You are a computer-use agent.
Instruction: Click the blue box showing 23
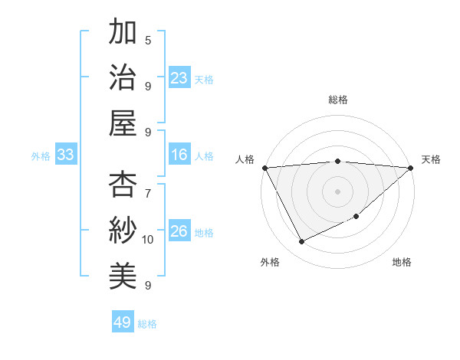coord(179,78)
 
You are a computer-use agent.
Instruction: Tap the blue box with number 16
coord(179,155)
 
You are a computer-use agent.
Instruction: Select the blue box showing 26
coord(179,232)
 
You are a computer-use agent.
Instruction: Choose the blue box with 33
coord(65,155)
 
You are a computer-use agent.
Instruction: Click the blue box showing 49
coord(123,322)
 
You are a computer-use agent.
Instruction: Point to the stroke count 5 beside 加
coord(148,40)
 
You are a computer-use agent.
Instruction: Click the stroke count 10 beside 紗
coord(148,240)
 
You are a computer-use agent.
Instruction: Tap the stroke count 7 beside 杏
coord(148,186)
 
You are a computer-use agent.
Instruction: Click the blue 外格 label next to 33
coord(41,156)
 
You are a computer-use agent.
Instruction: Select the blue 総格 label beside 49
coord(147,324)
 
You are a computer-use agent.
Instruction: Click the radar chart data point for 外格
coord(301,242)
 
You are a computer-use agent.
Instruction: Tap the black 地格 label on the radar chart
coord(402,263)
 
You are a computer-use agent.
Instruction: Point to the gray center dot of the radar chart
coord(337,191)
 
